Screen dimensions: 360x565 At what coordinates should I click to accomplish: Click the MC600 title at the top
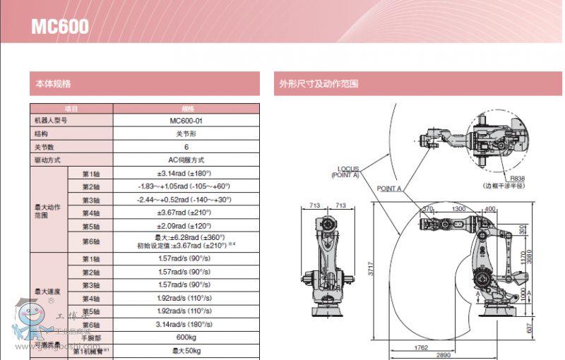pos(59,27)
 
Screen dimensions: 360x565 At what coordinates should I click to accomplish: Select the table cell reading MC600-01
pos(186,121)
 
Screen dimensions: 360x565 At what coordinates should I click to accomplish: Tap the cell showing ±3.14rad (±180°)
pos(186,173)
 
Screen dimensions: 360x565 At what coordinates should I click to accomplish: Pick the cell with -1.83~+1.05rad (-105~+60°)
pos(186,186)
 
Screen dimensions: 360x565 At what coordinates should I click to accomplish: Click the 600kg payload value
pos(186,337)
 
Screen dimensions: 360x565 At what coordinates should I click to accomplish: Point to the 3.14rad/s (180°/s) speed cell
pos(186,324)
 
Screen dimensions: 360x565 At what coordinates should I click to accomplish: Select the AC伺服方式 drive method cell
pos(186,160)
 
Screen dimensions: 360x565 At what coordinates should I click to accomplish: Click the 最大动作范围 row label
pos(48,212)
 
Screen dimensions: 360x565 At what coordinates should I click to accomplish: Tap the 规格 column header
pos(186,109)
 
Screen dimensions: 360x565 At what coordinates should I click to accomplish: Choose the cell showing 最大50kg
pos(186,350)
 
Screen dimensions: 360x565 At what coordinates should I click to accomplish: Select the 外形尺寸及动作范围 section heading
pos(319,84)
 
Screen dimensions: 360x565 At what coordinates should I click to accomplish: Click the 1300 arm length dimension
pos(458,209)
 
